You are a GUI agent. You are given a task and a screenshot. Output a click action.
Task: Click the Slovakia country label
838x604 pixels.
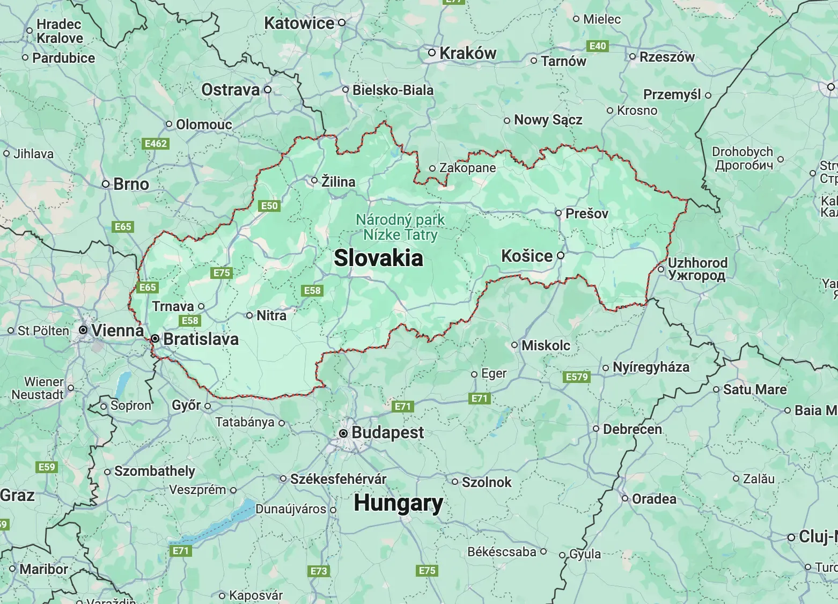[378, 259]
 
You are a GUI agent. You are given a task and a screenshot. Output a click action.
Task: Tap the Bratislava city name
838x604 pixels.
[201, 339]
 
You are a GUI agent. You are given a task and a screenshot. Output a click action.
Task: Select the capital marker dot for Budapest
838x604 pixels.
[343, 433]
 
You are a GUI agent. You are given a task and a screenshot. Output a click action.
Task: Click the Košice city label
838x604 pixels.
[526, 256]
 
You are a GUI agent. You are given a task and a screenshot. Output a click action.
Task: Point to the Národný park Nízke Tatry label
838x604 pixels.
[400, 227]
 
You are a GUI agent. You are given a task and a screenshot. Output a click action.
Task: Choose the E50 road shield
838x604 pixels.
[269, 205]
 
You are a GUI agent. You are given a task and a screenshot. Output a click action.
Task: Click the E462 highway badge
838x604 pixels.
[156, 144]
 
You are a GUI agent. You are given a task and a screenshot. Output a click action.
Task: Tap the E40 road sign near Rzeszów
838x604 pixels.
[597, 46]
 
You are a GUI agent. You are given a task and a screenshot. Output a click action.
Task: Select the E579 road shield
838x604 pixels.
[577, 377]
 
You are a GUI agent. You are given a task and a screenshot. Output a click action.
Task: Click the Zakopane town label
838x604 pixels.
[467, 168]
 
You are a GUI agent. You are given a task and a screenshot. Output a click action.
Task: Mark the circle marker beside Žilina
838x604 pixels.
[315, 181]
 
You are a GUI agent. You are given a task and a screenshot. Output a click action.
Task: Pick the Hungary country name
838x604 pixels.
[398, 503]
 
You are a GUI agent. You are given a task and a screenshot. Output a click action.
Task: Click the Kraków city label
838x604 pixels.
[468, 53]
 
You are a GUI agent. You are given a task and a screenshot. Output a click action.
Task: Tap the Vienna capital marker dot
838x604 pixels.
[83, 330]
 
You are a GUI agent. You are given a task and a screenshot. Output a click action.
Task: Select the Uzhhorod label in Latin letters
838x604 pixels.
[697, 263]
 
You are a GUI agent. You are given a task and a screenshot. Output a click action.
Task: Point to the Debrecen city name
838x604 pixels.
[632, 429]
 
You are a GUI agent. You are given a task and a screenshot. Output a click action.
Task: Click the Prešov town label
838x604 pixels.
[587, 213]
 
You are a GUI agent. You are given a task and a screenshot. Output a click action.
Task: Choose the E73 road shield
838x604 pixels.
[319, 571]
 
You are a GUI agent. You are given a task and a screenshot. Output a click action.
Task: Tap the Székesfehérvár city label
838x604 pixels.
[338, 479]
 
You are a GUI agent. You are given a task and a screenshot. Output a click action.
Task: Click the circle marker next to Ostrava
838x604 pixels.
[268, 90]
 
